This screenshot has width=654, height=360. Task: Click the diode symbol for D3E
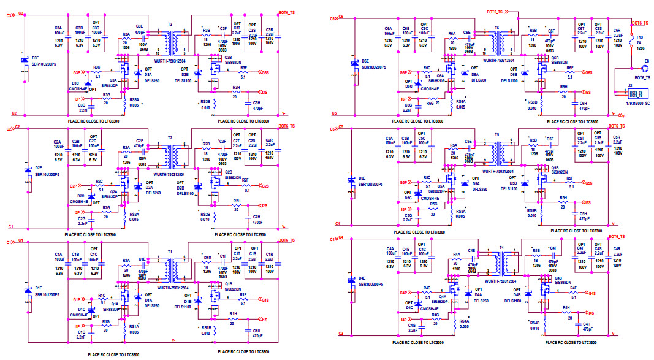tap(25, 61)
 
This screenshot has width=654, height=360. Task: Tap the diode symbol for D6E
tap(354, 63)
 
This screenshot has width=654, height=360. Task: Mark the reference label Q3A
tap(113, 80)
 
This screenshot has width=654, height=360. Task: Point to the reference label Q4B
tap(558, 278)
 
